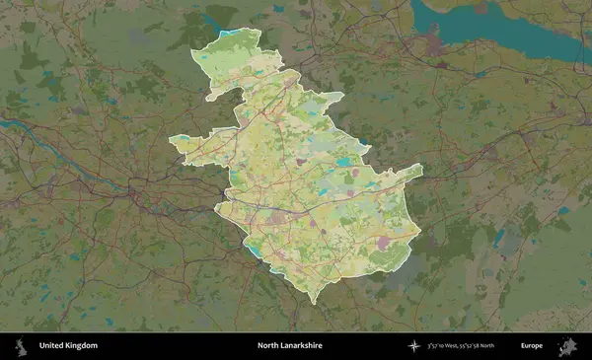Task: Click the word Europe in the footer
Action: [x=533, y=346]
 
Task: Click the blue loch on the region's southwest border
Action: [x=256, y=251]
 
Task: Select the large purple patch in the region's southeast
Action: [x=384, y=240]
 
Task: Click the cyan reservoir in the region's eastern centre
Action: [x=342, y=163]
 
